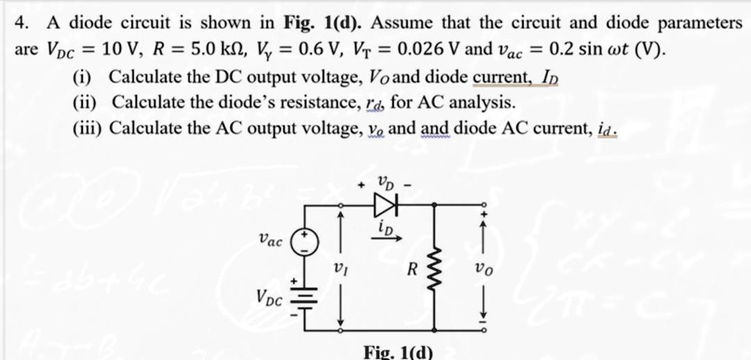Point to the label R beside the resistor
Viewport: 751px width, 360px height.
tap(414, 270)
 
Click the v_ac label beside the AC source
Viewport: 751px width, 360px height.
tap(270, 240)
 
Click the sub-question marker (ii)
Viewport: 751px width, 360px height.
tap(85, 102)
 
